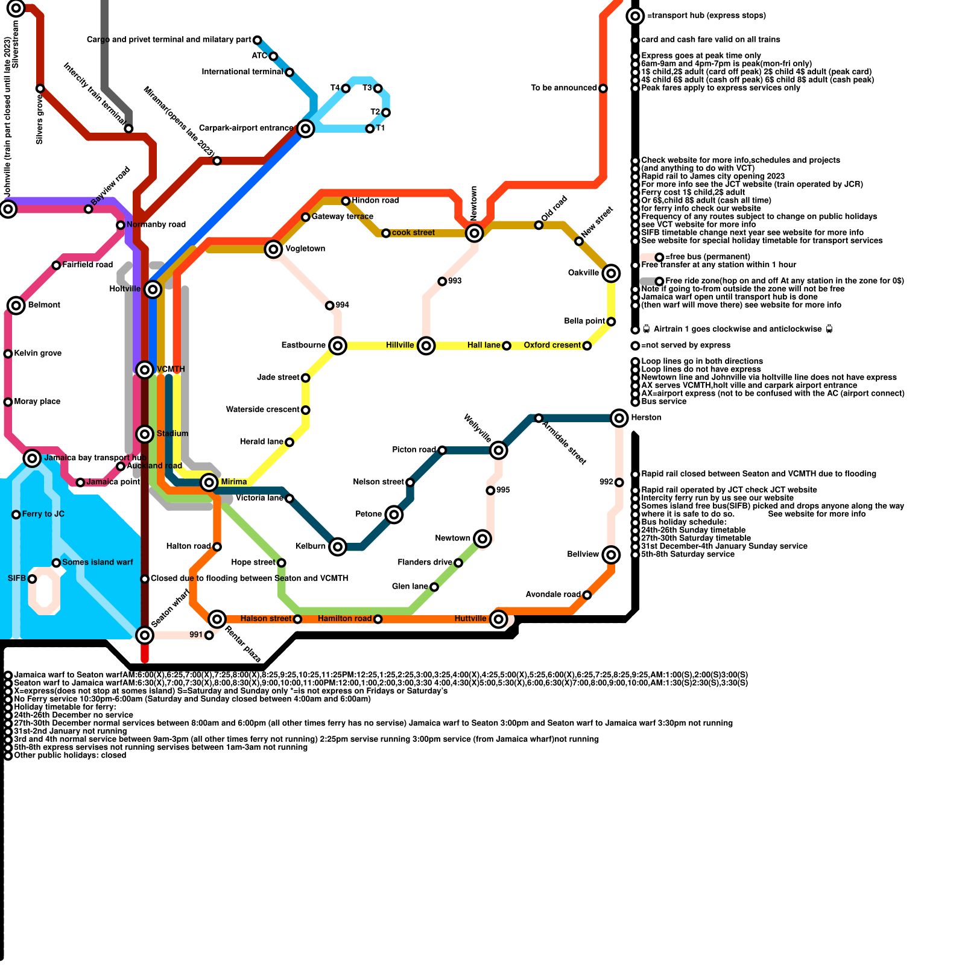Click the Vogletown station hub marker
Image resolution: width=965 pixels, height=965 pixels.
point(273,248)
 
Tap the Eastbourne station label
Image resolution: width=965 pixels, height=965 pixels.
point(303,345)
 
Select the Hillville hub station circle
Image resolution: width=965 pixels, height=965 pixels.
point(426,346)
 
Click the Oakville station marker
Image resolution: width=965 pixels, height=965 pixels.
point(611,273)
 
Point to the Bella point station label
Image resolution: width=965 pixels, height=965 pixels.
point(584,321)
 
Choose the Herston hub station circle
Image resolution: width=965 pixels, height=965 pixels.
point(619,417)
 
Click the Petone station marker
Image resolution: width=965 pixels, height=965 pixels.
point(394,514)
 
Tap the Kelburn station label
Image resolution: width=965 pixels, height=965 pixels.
point(310,546)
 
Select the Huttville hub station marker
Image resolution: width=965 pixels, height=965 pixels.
point(498,619)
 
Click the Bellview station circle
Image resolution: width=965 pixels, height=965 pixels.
point(611,554)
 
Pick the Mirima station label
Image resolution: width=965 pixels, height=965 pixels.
point(234,482)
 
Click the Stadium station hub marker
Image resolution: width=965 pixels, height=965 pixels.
point(145,434)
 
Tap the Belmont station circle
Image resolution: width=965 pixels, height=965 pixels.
point(16,305)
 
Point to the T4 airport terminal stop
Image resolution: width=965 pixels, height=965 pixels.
point(346,89)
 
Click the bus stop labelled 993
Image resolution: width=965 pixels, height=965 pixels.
point(442,282)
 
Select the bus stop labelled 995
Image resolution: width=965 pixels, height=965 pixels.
point(490,490)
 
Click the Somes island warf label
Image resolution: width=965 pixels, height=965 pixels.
point(98,562)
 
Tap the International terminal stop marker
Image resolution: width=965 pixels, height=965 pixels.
point(289,72)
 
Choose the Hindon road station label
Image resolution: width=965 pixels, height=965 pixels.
point(375,200)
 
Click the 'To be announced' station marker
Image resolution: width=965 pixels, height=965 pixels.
point(603,89)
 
